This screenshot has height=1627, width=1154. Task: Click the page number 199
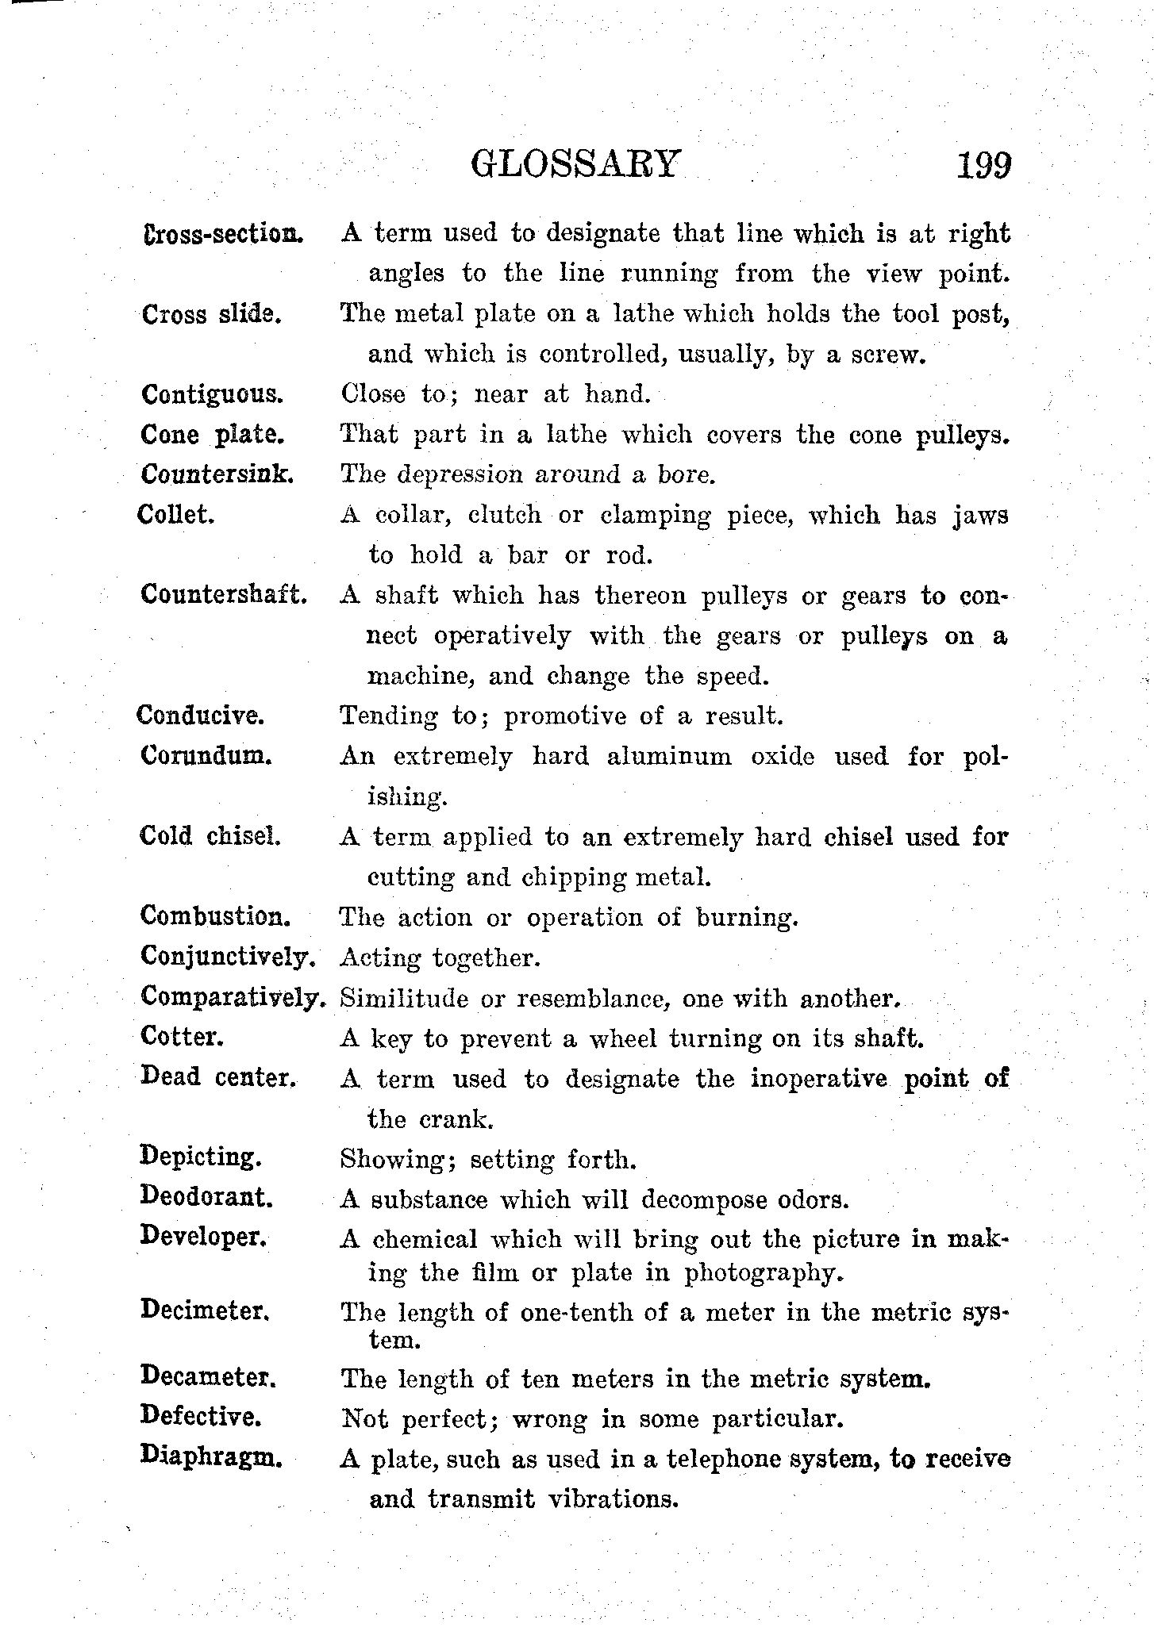983,166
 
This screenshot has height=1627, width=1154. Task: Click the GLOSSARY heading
575,164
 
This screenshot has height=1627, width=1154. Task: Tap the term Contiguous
211,394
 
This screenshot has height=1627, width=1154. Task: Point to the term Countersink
218,474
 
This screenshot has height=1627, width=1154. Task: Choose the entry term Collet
176,514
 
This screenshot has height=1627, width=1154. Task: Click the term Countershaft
224,594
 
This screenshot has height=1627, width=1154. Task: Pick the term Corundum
206,755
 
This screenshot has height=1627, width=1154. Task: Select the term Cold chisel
210,836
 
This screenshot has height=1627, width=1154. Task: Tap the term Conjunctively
229,957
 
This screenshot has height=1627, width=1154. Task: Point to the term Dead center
217,1077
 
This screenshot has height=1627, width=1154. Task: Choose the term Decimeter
206,1310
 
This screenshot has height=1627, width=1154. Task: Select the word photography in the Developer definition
760,1273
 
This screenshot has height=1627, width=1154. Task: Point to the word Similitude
404,998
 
